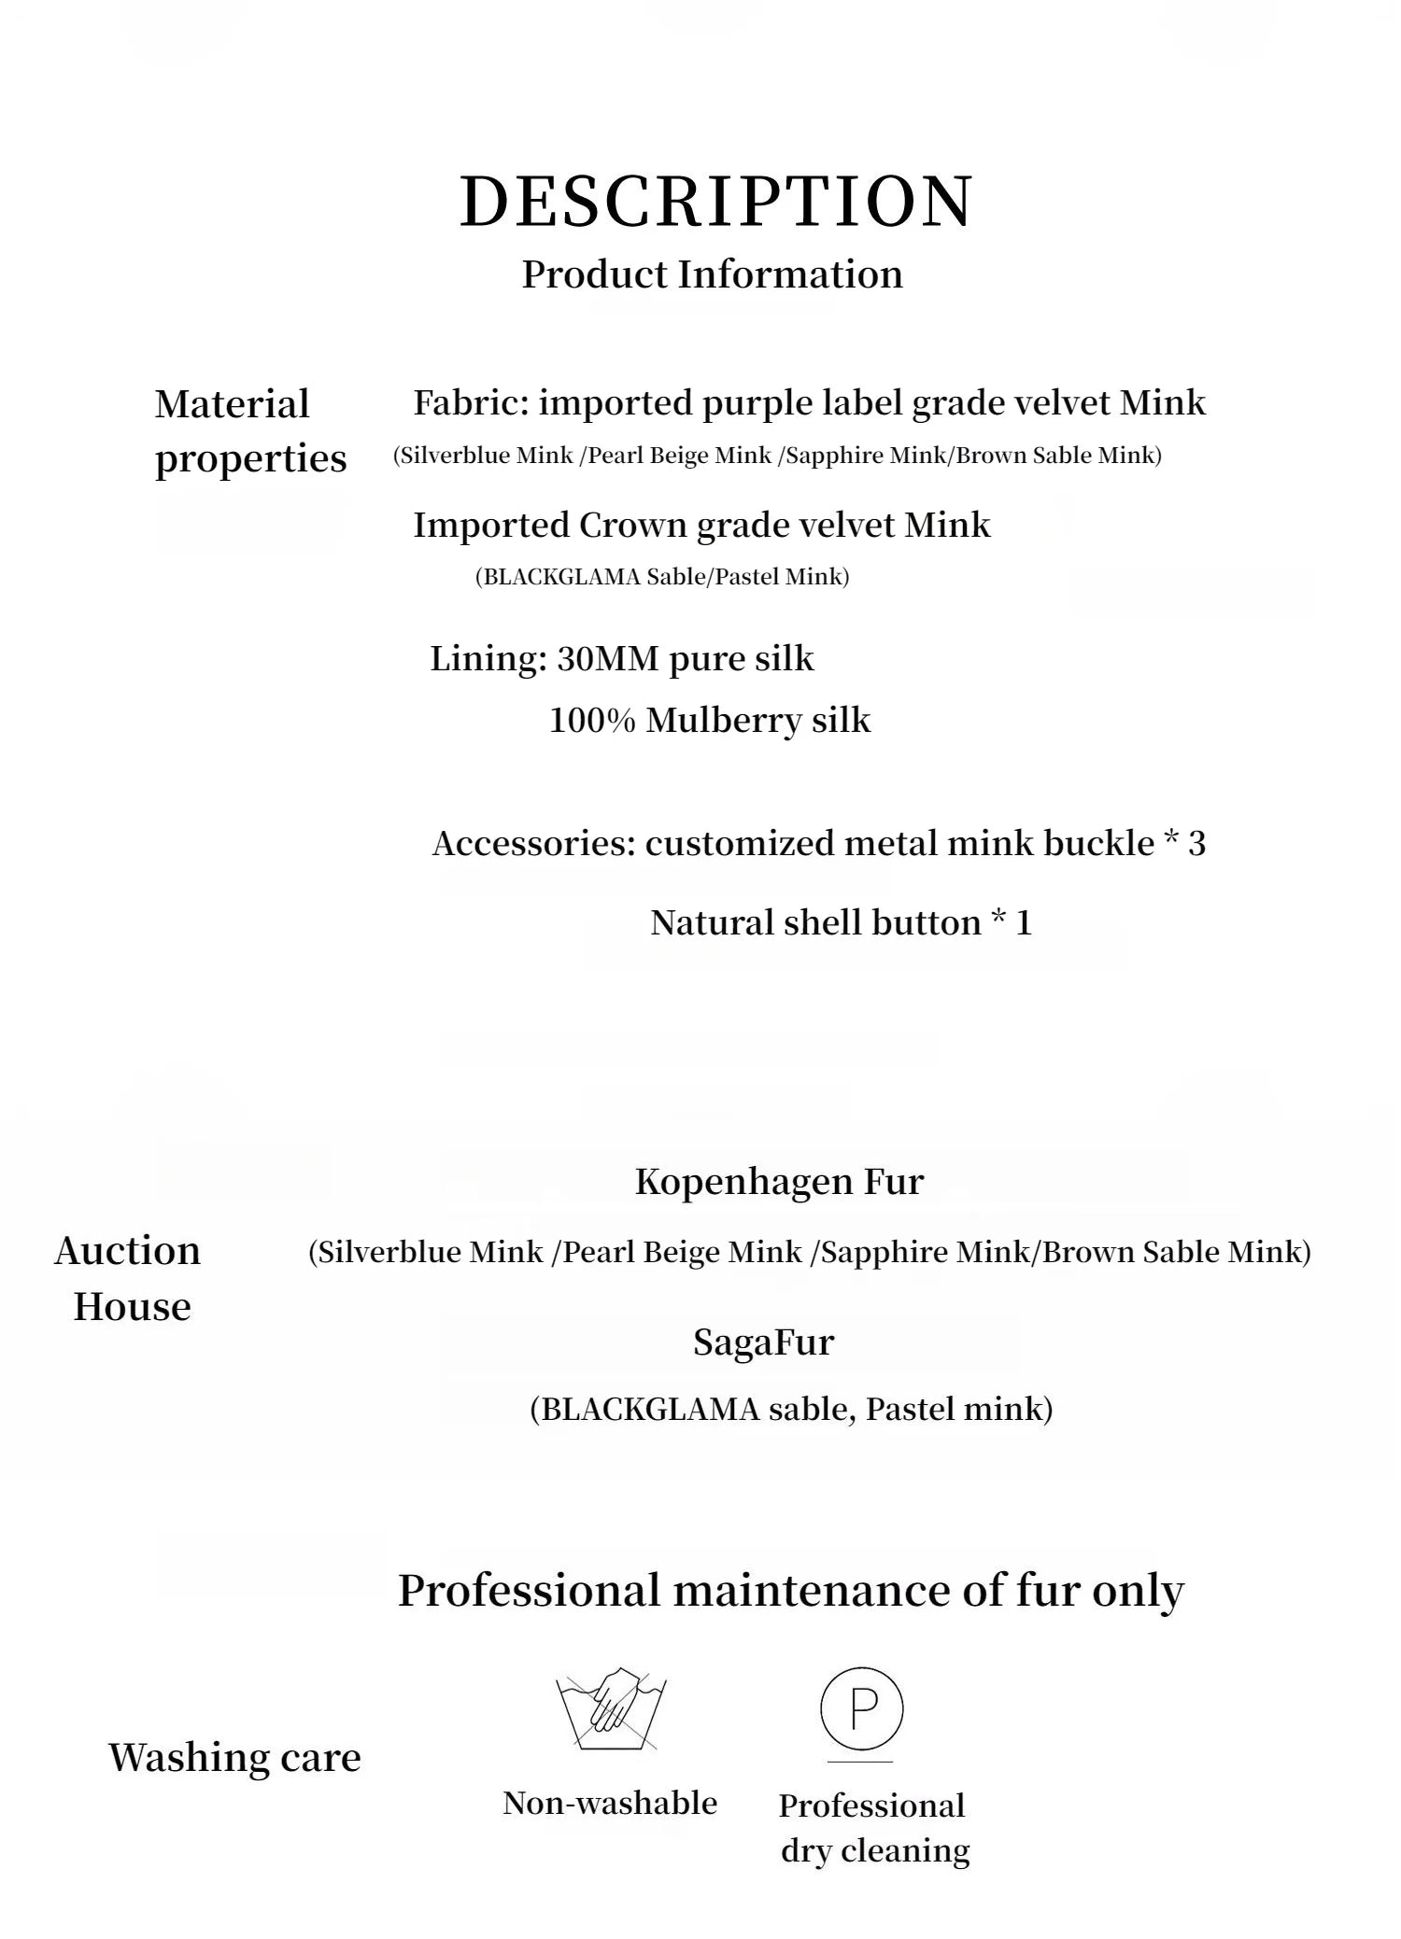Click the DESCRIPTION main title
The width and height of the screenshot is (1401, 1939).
point(716,201)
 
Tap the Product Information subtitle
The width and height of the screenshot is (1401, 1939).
point(712,274)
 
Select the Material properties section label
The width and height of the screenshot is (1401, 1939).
point(250,431)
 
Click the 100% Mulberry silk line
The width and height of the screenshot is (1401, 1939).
point(709,721)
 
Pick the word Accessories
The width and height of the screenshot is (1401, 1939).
point(533,844)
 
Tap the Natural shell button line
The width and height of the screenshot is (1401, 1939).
point(841,923)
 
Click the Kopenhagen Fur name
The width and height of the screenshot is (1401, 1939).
point(779,1182)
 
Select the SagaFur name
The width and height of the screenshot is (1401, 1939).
point(763,1342)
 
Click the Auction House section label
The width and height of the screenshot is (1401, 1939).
point(129,1278)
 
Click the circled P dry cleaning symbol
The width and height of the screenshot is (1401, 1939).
point(861,1709)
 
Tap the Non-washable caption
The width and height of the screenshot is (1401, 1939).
point(610,1803)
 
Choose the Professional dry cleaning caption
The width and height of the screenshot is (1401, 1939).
point(874,1827)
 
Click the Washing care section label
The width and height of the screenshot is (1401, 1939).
point(234,1757)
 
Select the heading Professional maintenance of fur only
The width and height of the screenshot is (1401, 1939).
point(790,1590)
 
